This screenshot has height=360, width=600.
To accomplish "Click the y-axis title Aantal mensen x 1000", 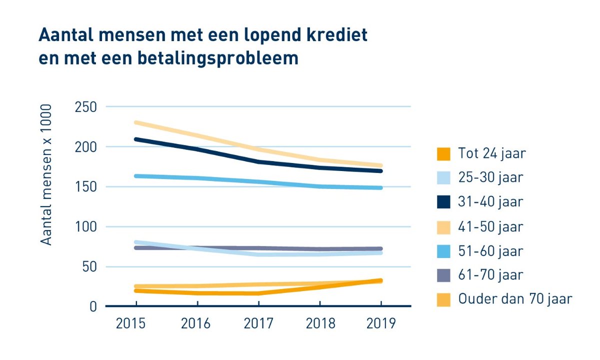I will (46, 175).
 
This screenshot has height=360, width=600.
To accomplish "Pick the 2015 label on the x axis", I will (130, 323).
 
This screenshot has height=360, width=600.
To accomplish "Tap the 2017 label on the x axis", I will (258, 323).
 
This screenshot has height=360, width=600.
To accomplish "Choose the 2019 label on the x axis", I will (380, 323).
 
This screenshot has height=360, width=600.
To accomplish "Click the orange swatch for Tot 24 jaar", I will (443, 153).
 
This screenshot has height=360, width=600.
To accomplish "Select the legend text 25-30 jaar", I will (490, 177).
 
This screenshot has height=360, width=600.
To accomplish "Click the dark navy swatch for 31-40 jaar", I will (443, 202).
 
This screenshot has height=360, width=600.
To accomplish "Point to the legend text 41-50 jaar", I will (490, 226).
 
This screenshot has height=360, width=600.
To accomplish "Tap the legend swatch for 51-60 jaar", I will (443, 250).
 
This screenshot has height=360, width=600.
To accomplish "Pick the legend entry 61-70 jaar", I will (490, 275).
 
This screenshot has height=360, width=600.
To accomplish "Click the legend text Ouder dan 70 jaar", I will (514, 299).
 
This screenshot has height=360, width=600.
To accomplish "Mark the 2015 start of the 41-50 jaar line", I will (136, 122).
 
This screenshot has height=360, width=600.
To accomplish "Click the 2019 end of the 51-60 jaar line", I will (380, 188).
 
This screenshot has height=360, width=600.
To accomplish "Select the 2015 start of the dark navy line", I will (136, 139).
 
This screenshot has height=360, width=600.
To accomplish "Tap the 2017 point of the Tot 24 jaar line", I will (258, 293).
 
